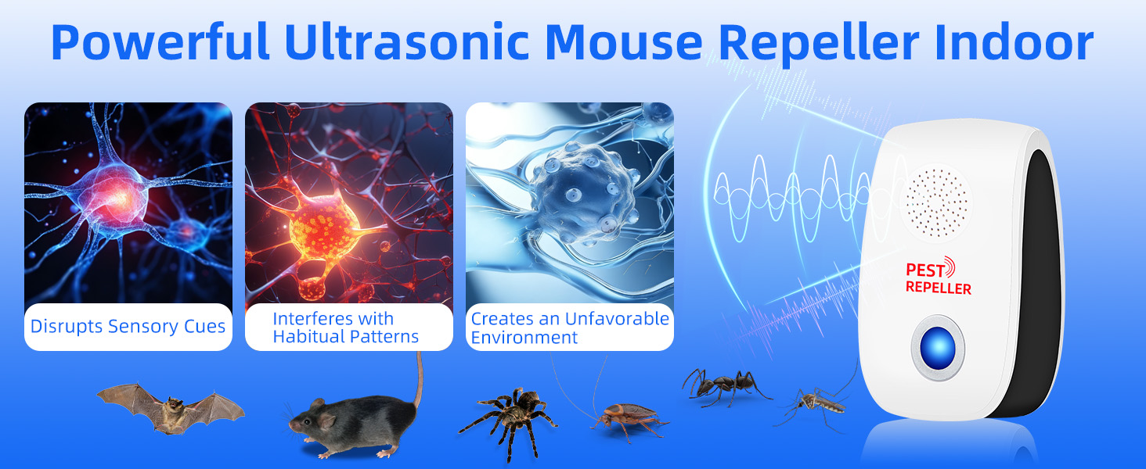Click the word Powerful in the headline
point(161,43)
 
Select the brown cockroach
point(626,415)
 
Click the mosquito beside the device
point(814,403)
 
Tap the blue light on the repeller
point(937,346)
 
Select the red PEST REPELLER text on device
point(937,279)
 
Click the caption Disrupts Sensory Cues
point(128,326)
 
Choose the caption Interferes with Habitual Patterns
point(345,328)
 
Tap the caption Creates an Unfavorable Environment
point(570,328)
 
